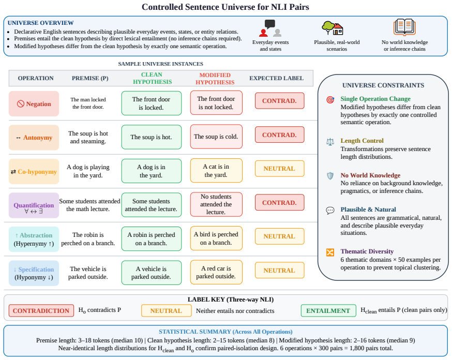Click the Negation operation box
click(34, 104)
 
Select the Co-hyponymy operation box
click(34, 172)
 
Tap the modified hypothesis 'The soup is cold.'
click(216, 137)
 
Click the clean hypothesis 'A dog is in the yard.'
click(152, 171)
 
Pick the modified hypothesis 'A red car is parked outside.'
click(216, 273)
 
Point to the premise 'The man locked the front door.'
click(88, 103)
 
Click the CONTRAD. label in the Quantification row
click(279, 203)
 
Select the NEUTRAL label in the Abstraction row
click(279, 236)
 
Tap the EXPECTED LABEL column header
click(276, 78)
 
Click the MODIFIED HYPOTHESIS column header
click(215, 79)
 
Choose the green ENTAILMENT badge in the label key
click(328, 311)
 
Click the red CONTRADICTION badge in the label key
click(41, 311)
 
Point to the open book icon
click(404, 27)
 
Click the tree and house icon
click(333, 28)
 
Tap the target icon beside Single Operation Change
click(330, 100)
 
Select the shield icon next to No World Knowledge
click(330, 176)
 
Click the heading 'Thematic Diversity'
click(367, 251)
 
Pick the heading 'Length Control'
click(362, 141)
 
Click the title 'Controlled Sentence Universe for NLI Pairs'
click(225, 7)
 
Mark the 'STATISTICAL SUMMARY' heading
click(195, 332)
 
